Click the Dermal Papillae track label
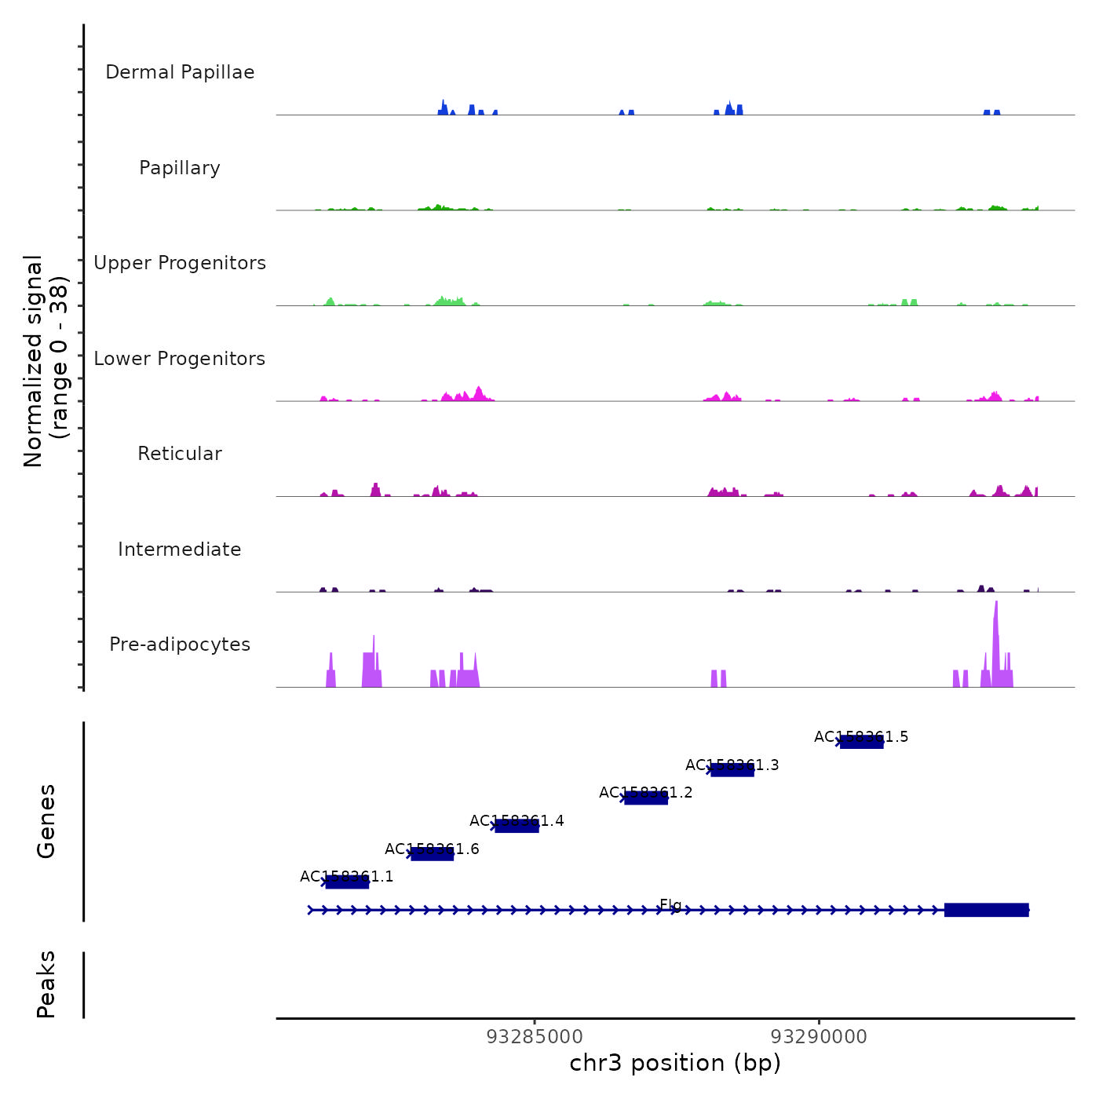point(180,72)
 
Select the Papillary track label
point(180,168)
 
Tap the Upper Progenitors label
point(180,263)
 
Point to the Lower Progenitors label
point(180,359)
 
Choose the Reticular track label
point(180,454)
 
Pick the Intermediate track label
point(180,549)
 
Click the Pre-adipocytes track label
point(180,644)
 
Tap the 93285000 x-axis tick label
point(535,1037)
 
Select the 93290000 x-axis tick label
point(820,1037)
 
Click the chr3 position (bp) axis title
point(675,1064)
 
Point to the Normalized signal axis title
point(46,360)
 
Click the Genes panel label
point(46,821)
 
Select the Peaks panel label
point(46,984)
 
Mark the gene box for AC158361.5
point(862,742)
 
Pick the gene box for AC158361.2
point(646,798)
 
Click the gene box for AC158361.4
point(517,826)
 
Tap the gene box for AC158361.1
point(347,882)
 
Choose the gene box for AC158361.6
point(432,854)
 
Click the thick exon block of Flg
point(986,910)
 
